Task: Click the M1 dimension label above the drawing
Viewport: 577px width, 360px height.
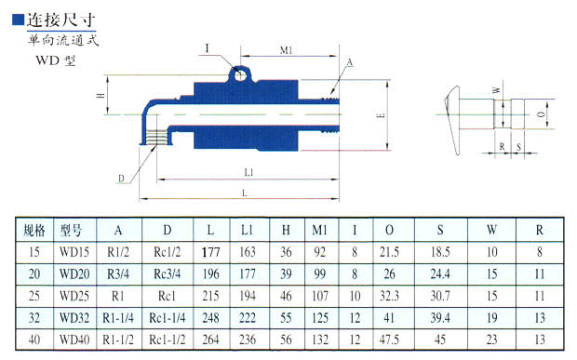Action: pos(286,50)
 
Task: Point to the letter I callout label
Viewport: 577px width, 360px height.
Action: pos(208,48)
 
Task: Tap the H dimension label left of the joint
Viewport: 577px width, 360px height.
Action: pos(101,95)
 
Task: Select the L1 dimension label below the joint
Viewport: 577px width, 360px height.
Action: pos(248,172)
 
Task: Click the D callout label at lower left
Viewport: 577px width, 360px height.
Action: pos(121,179)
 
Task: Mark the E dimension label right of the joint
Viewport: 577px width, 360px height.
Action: pos(381,115)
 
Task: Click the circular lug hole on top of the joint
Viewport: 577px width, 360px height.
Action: pos(240,75)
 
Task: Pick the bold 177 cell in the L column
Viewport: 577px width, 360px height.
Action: pos(211,252)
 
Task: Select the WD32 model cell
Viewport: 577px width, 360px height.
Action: pos(74,318)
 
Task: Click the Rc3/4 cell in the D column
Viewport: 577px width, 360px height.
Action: pos(168,273)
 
